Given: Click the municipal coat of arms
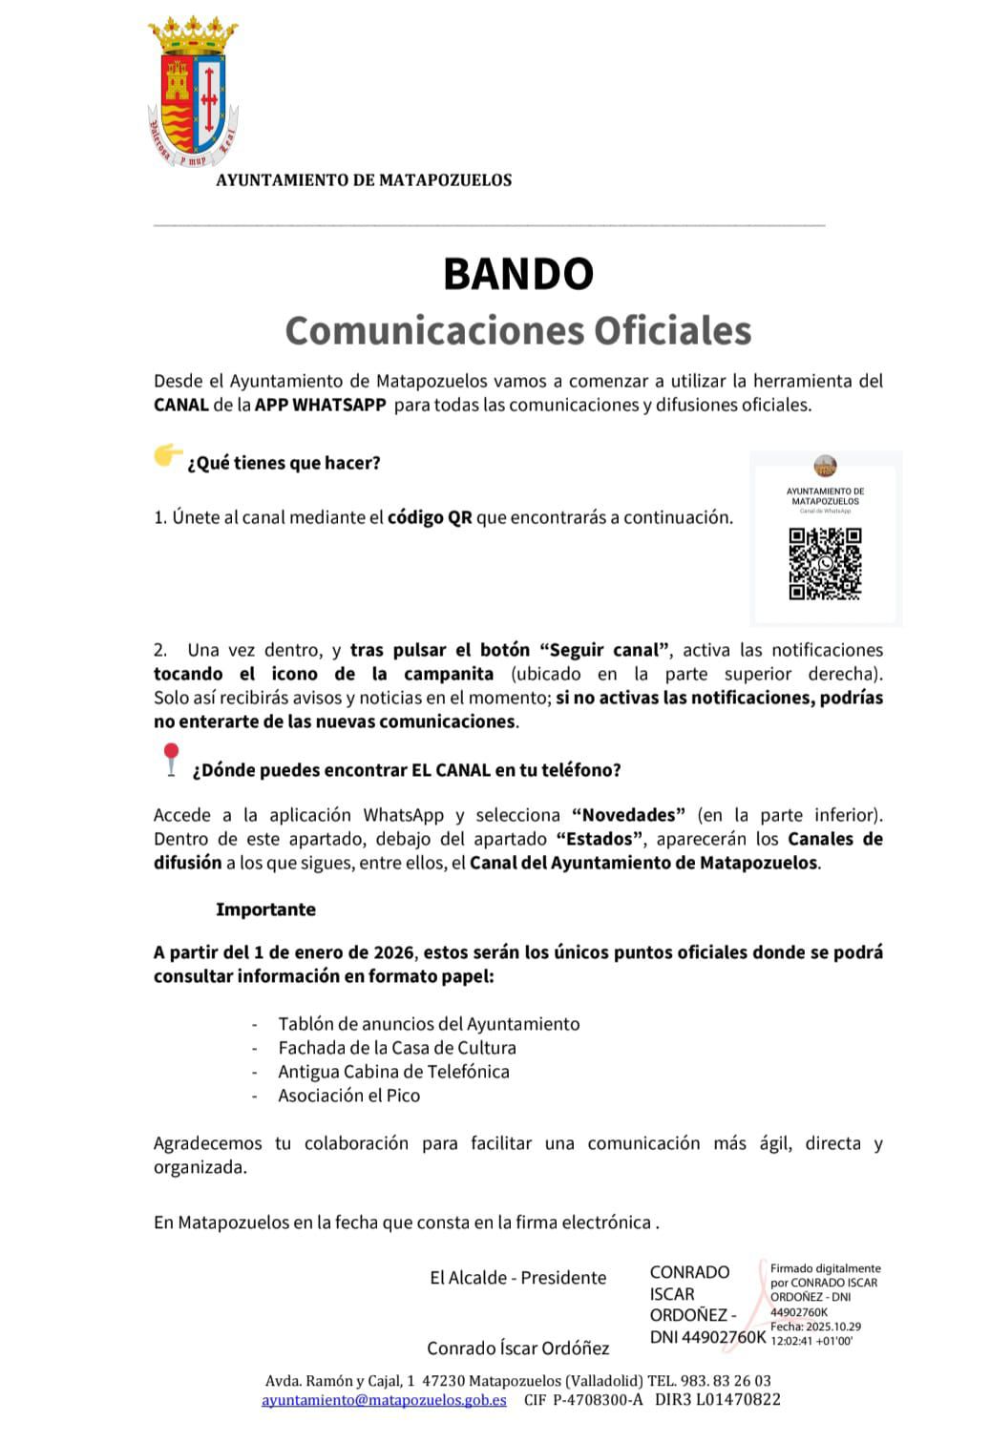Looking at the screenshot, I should [193, 92].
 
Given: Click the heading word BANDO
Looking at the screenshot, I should [517, 274].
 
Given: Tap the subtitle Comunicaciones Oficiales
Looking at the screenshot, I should [517, 330].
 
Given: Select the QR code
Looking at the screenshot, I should [825, 564].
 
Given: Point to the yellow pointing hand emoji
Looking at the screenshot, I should [168, 456].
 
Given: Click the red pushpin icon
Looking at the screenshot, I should [171, 760].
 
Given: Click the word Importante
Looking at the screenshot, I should [265, 909].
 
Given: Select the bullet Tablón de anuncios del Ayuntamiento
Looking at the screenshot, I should [429, 1024].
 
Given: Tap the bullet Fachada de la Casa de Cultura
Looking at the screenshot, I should [397, 1048].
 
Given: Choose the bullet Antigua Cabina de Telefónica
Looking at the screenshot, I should [393, 1072].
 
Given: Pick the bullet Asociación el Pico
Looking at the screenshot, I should [348, 1096].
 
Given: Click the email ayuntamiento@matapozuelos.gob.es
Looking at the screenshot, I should [384, 1400].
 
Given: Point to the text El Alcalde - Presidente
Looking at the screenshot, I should [517, 1278].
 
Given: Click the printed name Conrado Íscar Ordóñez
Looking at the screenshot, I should [517, 1348].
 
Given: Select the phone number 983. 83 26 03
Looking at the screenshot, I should [723, 1381].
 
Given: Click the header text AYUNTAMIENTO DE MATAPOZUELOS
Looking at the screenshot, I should [364, 179].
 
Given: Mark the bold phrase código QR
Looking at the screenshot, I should [430, 518].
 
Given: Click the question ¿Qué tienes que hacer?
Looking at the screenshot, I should [284, 464].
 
